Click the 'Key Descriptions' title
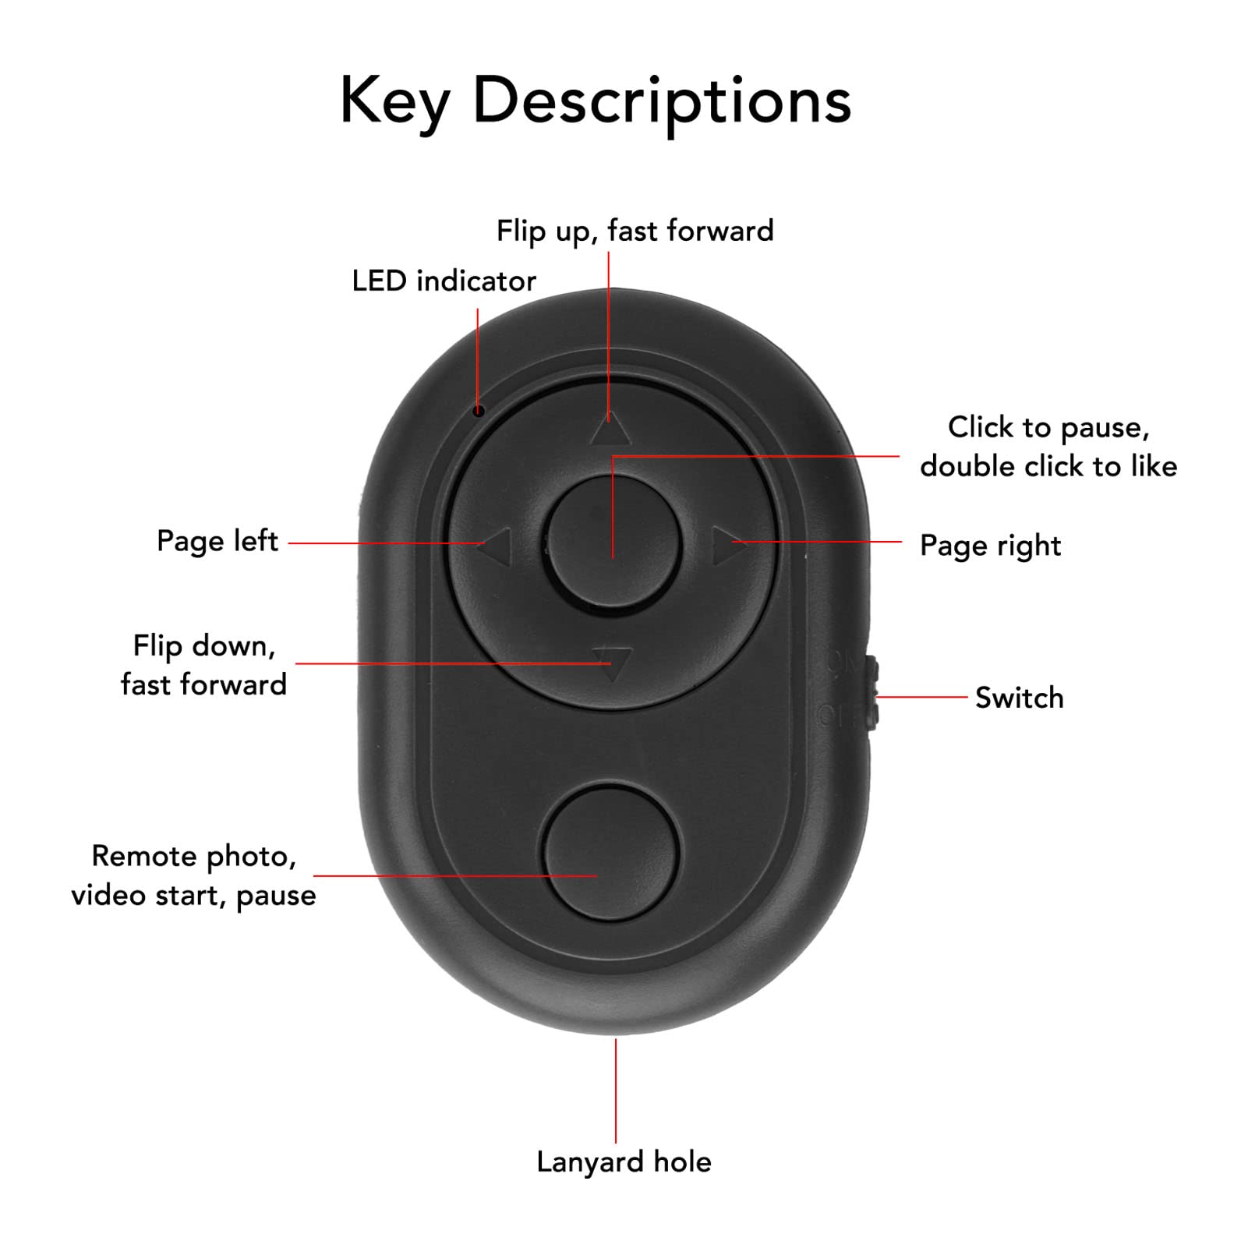pyautogui.click(x=596, y=101)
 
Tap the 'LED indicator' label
pyautogui.click(x=444, y=281)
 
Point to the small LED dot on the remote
pyautogui.click(x=479, y=411)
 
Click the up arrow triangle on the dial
pyautogui.click(x=610, y=430)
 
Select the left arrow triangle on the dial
pyautogui.click(x=496, y=545)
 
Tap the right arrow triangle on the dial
pyautogui.click(x=727, y=545)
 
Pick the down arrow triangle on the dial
pyautogui.click(x=612, y=663)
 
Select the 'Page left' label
pyautogui.click(x=217, y=541)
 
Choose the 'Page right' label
pyautogui.click(x=990, y=546)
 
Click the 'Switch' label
pyautogui.click(x=1019, y=698)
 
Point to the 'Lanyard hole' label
pyautogui.click(x=624, y=1162)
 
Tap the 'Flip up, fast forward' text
pyautogui.click(x=635, y=232)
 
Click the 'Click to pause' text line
pyautogui.click(x=1048, y=428)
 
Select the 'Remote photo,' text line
pyautogui.click(x=194, y=857)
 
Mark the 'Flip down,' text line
pyautogui.click(x=204, y=646)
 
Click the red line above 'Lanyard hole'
pyautogui.click(x=616, y=1091)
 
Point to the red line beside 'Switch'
pyautogui.click(x=922, y=697)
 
